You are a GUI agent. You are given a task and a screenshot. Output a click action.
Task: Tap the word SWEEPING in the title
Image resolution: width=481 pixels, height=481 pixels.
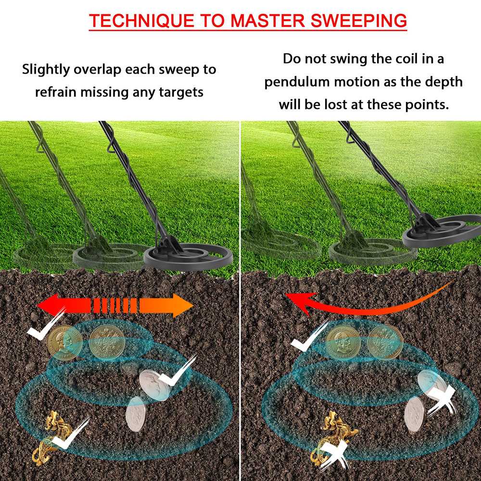[359, 20]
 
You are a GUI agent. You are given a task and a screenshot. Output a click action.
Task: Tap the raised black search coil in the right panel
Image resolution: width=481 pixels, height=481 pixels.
[442, 231]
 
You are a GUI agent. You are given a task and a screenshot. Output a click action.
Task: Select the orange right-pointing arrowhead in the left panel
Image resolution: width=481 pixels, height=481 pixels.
[182, 305]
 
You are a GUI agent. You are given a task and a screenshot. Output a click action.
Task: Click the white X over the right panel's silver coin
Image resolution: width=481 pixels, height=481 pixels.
[442, 399]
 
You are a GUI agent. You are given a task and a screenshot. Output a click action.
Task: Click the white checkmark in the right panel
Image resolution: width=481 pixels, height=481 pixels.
[310, 335]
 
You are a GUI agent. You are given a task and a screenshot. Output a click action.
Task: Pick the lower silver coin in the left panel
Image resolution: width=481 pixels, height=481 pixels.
[136, 415]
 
